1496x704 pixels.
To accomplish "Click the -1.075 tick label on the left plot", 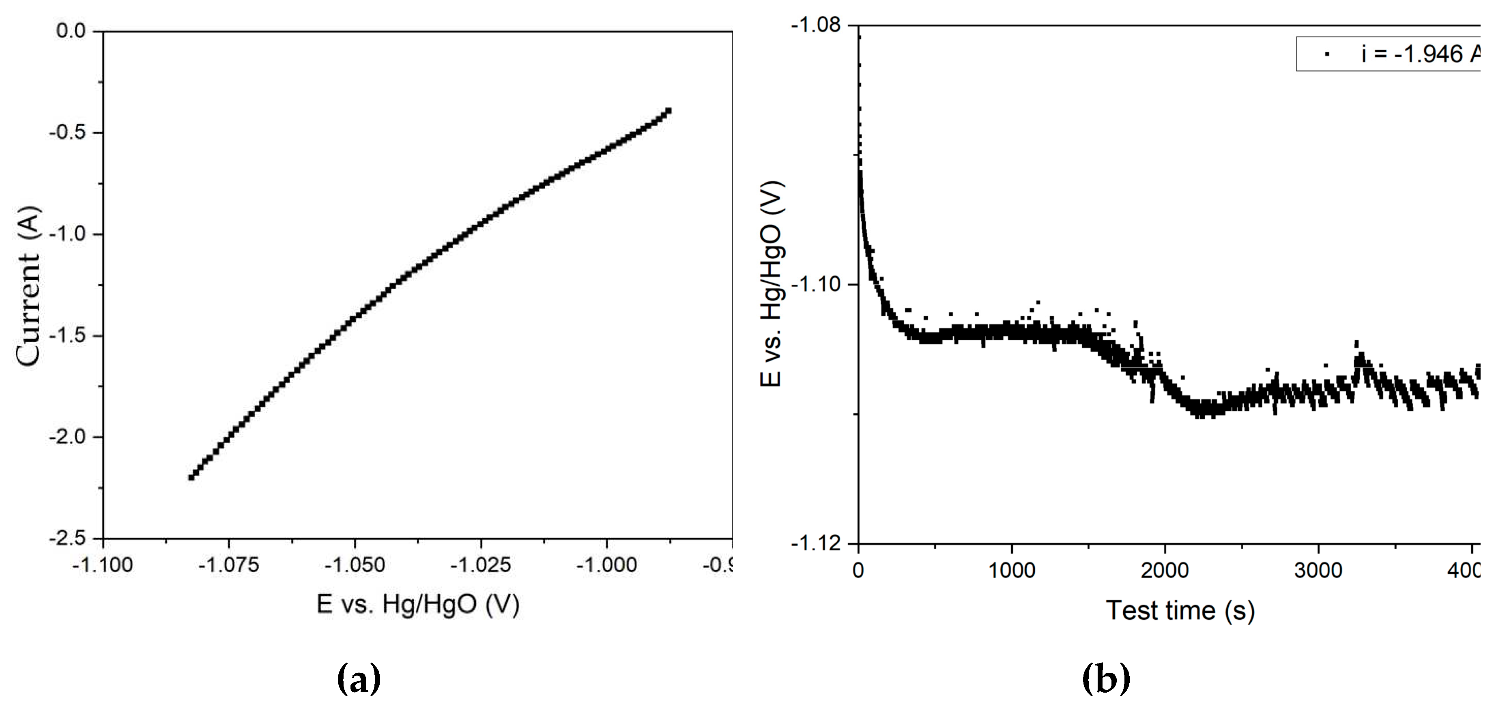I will coord(228,565).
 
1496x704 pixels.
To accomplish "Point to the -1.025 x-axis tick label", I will coord(480,565).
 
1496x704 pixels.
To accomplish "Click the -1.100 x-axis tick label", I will coord(102,565).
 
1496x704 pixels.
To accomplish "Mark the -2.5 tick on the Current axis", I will coord(69,538).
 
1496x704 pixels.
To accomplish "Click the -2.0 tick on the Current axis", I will coord(69,437).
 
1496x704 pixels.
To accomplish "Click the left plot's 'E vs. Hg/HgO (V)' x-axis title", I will coord(417,605).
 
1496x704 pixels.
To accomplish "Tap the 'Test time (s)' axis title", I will coord(1180,611).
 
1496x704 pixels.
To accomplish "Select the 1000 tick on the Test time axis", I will coord(1012,571).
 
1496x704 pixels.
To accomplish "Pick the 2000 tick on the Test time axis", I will coord(1165,571).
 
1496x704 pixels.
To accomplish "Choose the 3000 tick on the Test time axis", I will coord(1318,571).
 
